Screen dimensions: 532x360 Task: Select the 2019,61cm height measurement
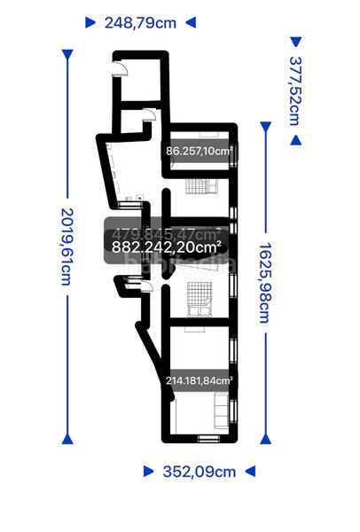(66, 246)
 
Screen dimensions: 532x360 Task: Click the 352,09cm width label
(199, 472)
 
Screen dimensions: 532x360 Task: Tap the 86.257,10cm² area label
(200, 152)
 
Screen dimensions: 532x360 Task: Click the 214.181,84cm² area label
(200, 381)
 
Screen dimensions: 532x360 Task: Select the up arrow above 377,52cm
(296, 41)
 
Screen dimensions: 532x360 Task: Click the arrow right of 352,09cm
(250, 472)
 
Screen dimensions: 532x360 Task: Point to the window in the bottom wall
(207, 438)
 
